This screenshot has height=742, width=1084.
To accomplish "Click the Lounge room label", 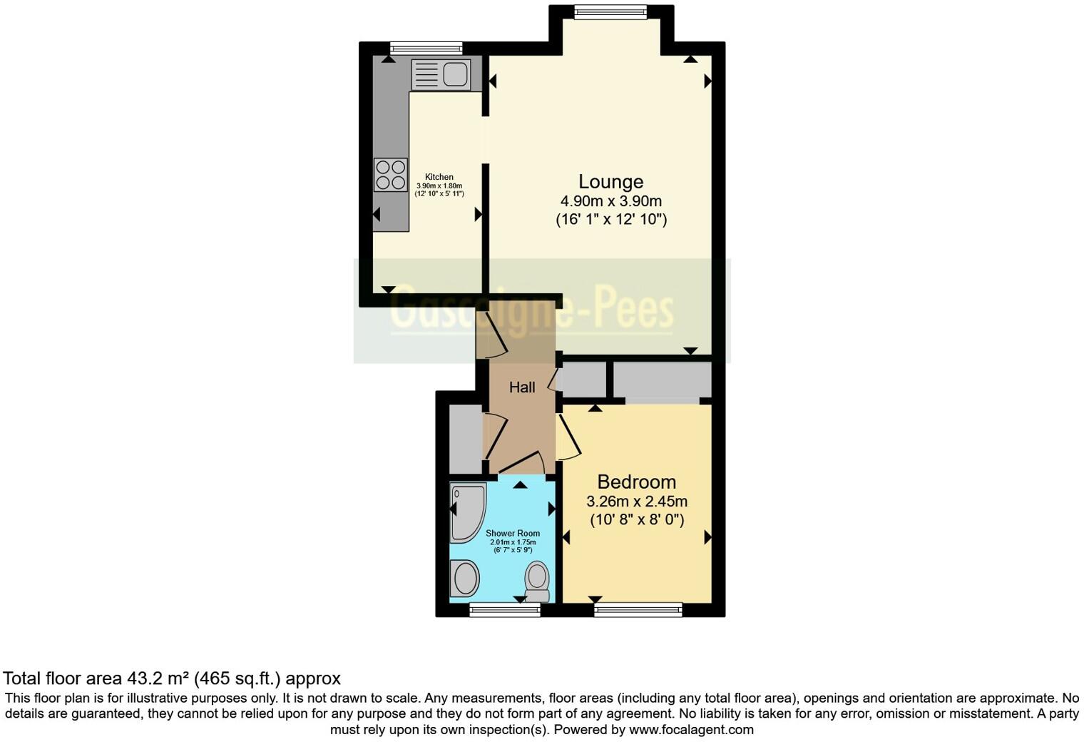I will (x=610, y=182).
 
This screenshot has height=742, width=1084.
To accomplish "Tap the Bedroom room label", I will (x=636, y=482).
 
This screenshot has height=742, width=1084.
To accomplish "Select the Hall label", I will (x=522, y=387).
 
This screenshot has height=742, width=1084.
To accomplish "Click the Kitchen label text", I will (x=439, y=177).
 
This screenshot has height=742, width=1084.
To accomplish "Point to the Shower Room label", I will (x=513, y=533).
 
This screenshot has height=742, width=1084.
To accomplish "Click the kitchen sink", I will (x=441, y=75).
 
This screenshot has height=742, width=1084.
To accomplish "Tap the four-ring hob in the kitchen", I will (x=391, y=175).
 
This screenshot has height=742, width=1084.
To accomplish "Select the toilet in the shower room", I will (x=537, y=581).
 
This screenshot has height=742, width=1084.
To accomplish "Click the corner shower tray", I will (x=466, y=511).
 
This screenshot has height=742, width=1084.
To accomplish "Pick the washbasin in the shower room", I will (x=465, y=578).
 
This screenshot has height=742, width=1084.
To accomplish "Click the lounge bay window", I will (x=610, y=11).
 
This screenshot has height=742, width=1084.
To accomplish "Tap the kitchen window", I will (x=426, y=49).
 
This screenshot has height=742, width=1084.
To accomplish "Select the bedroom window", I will (x=638, y=609).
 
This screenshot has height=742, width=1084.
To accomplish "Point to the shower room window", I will (x=504, y=609).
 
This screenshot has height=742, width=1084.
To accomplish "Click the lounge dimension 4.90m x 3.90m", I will (x=610, y=201).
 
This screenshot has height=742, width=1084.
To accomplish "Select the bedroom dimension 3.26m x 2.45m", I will (x=636, y=501).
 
